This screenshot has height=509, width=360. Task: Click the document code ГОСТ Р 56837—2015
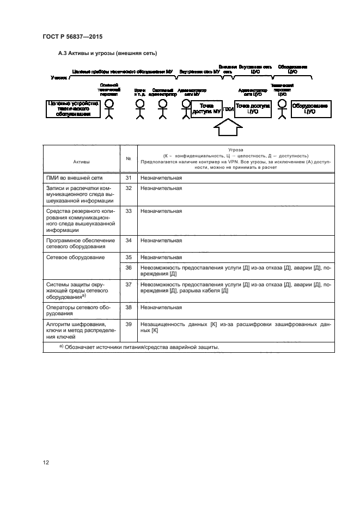tap(72, 37)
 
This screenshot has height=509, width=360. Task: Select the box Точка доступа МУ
tap(206, 109)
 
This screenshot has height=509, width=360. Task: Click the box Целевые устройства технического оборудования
tap(72, 109)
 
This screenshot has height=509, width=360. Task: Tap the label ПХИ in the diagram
tap(228, 109)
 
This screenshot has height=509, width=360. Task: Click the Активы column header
tap(82, 162)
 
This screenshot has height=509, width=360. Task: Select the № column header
tap(128, 158)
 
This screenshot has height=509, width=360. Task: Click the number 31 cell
tap(129, 178)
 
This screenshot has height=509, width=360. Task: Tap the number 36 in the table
tap(129, 267)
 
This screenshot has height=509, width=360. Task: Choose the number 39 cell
tap(129, 324)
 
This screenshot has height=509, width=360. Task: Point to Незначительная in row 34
tap(161, 240)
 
